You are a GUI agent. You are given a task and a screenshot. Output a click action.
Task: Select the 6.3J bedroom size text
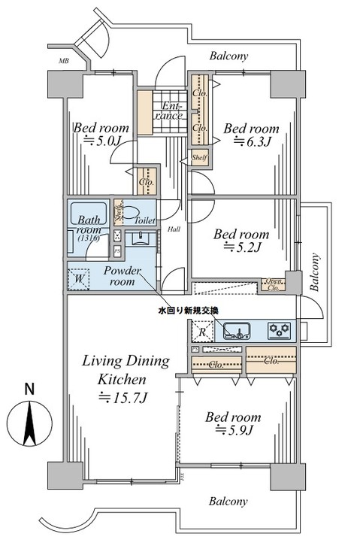[251, 141]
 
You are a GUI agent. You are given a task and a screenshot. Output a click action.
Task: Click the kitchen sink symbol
[235, 329]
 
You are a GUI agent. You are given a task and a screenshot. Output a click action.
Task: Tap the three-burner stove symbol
[280, 329]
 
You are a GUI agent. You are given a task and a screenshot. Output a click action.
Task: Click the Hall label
[174, 229]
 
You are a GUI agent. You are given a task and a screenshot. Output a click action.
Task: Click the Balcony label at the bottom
[228, 501]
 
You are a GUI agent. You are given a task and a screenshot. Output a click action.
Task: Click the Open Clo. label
[272, 284]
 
